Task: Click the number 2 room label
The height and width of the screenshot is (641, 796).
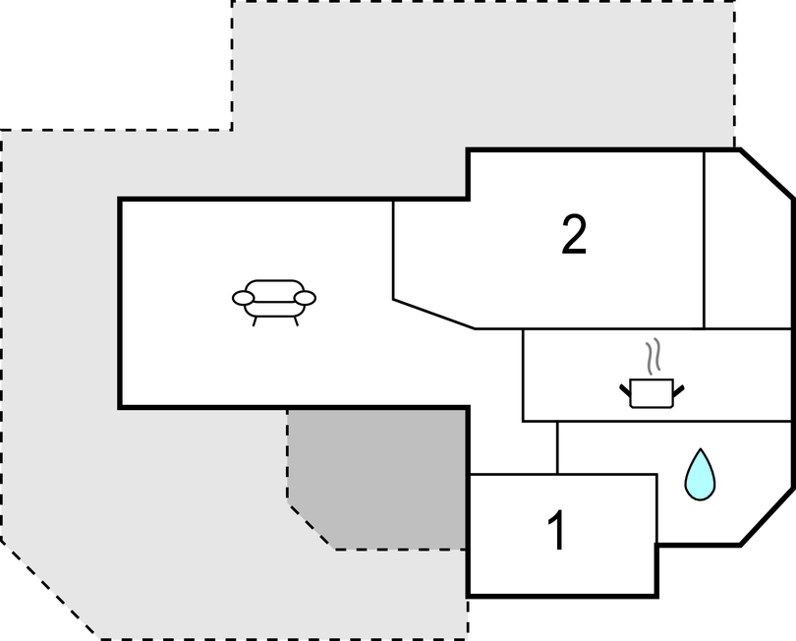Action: pos(574,234)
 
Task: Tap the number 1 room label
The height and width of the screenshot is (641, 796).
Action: pos(557,530)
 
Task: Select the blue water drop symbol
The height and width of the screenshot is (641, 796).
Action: pos(700,475)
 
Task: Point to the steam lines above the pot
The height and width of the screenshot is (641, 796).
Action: pos(653,357)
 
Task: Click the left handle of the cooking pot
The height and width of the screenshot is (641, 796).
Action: pos(625,390)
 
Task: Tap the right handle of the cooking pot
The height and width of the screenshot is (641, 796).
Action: pos(679,390)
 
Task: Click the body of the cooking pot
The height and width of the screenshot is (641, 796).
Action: pos(652,393)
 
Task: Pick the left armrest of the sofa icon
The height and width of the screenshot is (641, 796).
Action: pos(243,298)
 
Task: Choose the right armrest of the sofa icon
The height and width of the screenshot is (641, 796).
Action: pos(305,298)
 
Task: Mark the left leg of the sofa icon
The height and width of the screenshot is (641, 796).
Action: pos(255,321)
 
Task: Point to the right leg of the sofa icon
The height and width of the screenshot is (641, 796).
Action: pos(296,321)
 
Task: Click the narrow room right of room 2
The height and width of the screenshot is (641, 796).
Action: pos(747,240)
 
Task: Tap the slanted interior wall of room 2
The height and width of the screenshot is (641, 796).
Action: pos(434,315)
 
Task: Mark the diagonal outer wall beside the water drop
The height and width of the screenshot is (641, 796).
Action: pos(767,517)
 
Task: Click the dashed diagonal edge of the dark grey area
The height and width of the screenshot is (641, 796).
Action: pos(312,526)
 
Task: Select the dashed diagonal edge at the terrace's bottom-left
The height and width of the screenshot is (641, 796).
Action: pos(50,589)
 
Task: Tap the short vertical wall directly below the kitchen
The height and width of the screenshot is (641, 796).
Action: pos(557,447)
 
